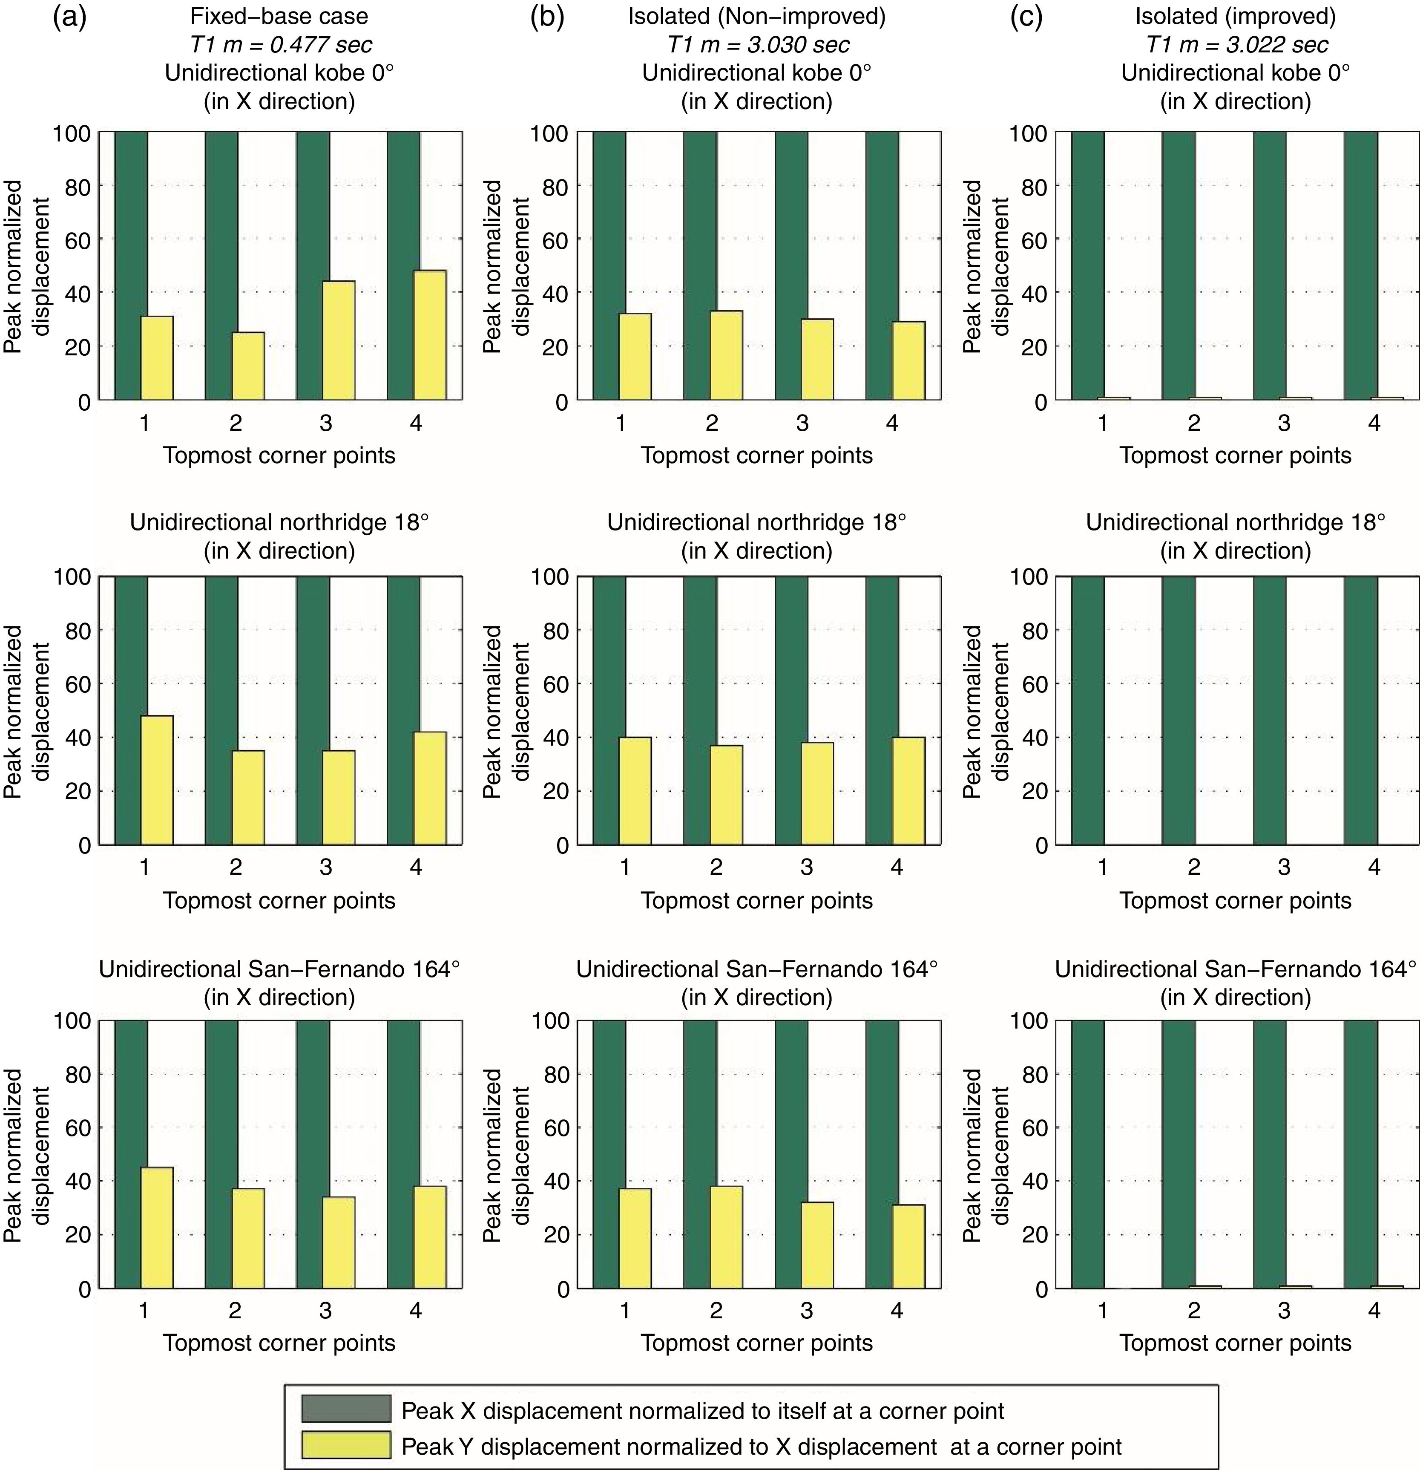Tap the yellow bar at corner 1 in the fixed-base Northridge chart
[157, 780]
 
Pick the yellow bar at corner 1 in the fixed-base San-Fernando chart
[157, 1227]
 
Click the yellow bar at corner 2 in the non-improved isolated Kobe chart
[727, 355]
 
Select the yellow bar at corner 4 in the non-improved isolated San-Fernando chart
[908, 1246]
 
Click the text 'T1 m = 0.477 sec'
[280, 45]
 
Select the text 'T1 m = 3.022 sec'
[1237, 45]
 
